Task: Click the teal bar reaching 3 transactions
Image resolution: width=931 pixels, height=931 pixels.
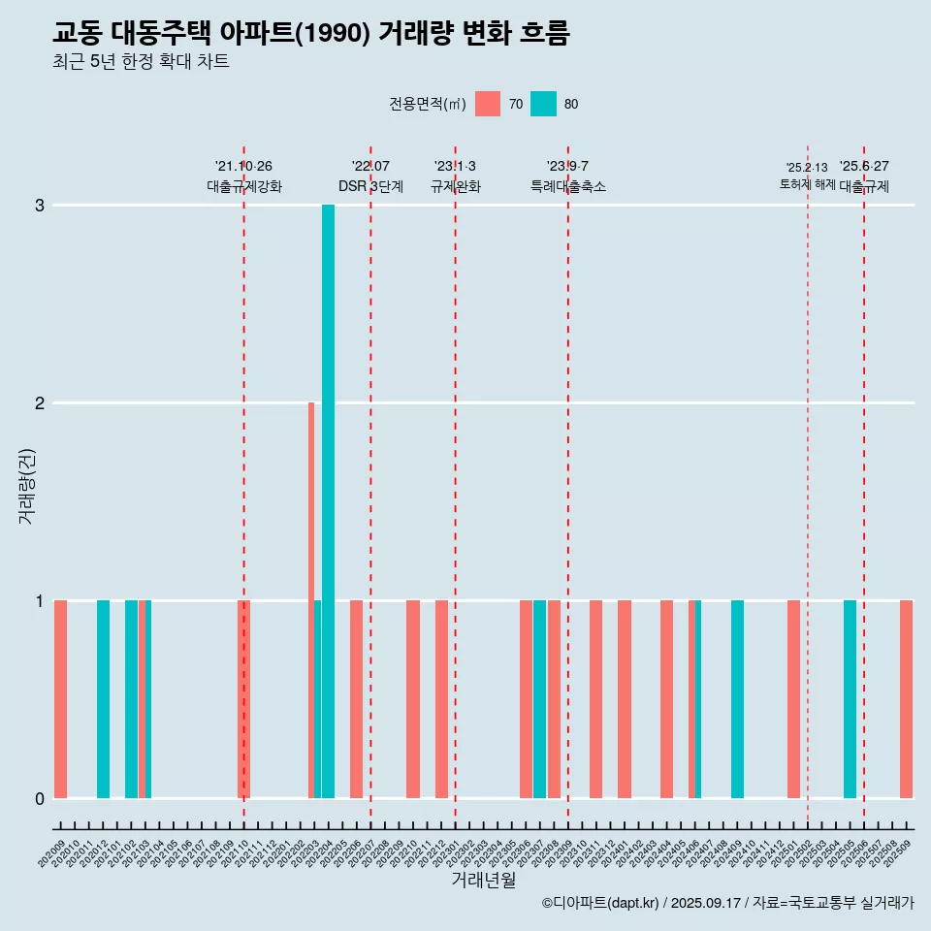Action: (x=328, y=500)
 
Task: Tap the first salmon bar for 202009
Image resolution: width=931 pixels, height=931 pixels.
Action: (x=60, y=699)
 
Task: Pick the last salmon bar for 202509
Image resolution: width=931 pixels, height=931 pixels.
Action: (x=906, y=699)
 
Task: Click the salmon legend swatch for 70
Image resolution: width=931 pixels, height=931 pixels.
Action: (x=488, y=104)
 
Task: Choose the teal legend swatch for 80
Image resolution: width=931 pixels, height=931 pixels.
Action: (x=543, y=104)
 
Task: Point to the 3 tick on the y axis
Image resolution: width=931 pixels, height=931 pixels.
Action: (x=40, y=206)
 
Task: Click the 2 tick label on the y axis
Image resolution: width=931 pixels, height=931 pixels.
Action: (x=40, y=403)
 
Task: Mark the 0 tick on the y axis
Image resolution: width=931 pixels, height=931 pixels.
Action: (x=40, y=799)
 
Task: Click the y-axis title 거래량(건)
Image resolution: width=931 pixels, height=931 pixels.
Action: (x=26, y=485)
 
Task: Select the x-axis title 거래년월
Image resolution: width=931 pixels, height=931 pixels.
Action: (x=483, y=880)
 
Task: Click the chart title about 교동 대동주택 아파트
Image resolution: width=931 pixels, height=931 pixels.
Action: (x=310, y=34)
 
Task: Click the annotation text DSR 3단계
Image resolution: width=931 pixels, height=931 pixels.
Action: (x=370, y=186)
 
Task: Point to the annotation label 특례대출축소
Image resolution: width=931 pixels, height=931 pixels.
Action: (x=567, y=186)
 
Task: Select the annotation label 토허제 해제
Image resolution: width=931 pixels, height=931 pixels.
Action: (x=807, y=183)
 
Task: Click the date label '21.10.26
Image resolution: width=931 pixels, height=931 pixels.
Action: (x=243, y=166)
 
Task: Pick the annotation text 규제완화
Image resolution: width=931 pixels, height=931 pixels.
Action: (x=455, y=186)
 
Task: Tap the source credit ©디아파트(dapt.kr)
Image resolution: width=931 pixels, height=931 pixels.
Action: (x=601, y=903)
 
